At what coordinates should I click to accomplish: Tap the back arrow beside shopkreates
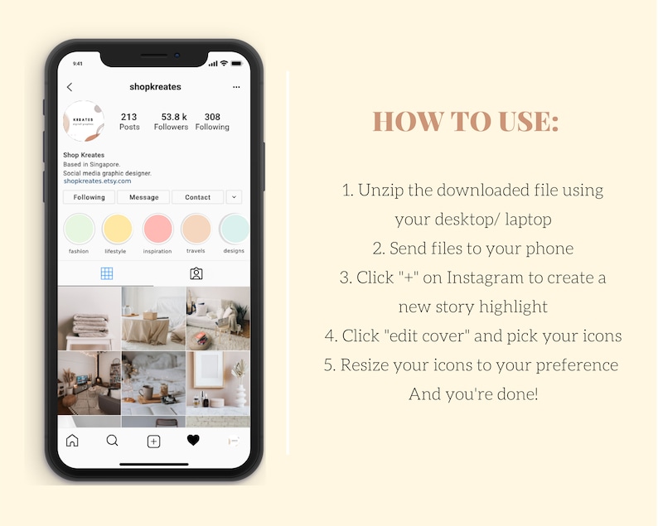pyautogui.click(x=70, y=87)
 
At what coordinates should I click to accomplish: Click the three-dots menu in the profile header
pyautogui.click(x=236, y=87)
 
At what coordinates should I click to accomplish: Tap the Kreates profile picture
pyautogui.click(x=84, y=122)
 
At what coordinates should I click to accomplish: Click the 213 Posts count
pyautogui.click(x=129, y=122)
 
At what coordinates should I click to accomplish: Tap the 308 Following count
pyautogui.click(x=212, y=122)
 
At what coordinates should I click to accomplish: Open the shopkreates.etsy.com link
pyautogui.click(x=97, y=181)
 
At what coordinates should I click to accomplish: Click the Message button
pyautogui.click(x=143, y=197)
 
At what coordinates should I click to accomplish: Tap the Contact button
pyautogui.click(x=197, y=197)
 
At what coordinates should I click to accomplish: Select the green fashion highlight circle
pyautogui.click(x=80, y=229)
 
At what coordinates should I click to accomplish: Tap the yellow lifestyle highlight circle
pyautogui.click(x=117, y=229)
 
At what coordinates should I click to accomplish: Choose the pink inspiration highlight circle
pyautogui.click(x=157, y=229)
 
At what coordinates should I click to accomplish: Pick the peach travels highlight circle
pyautogui.click(x=196, y=229)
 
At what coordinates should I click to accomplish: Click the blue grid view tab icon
pyautogui.click(x=106, y=273)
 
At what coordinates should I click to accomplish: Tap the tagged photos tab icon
pyautogui.click(x=196, y=273)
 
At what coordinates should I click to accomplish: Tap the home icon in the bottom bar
pyautogui.click(x=72, y=441)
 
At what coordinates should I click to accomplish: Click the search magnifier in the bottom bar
pyautogui.click(x=113, y=441)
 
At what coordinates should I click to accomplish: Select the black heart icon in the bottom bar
pyautogui.click(x=193, y=441)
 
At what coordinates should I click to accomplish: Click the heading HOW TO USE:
pyautogui.click(x=466, y=122)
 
